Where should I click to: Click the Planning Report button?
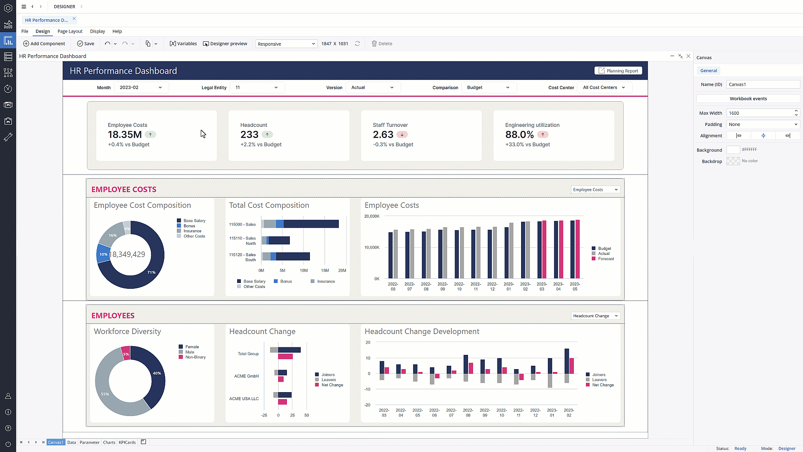pyautogui.click(x=619, y=71)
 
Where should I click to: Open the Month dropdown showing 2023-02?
pyautogui.click(x=141, y=87)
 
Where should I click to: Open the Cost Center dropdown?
pyautogui.click(x=604, y=87)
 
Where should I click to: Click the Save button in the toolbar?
pyautogui.click(x=86, y=44)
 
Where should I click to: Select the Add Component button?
pyautogui.click(x=44, y=44)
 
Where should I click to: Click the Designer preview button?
pyautogui.click(x=225, y=44)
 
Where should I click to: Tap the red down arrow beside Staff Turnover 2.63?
pyautogui.click(x=402, y=135)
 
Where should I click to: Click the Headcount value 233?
pyautogui.click(x=249, y=135)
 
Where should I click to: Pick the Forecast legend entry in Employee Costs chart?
pyautogui.click(x=605, y=259)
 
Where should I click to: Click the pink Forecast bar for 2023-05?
pyautogui.click(x=578, y=249)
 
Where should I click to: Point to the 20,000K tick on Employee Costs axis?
pyautogui.click(x=371, y=216)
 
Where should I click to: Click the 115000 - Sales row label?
pyautogui.click(x=242, y=224)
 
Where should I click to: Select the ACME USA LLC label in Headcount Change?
pyautogui.click(x=244, y=398)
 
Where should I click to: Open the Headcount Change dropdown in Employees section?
pyautogui.click(x=595, y=316)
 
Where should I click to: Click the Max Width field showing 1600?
pyautogui.click(x=760, y=113)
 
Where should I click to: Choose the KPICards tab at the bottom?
pyautogui.click(x=127, y=442)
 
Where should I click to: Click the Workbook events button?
pyautogui.click(x=748, y=99)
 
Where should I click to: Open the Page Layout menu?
pyautogui.click(x=70, y=31)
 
